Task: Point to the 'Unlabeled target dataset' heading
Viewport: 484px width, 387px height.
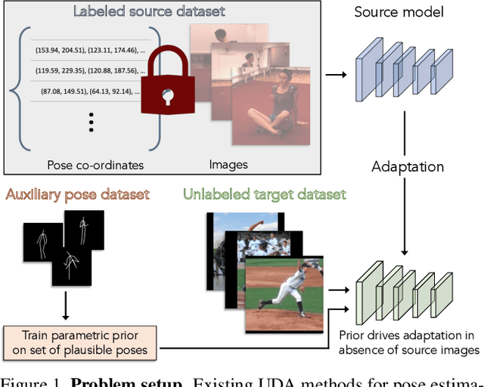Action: tap(264, 195)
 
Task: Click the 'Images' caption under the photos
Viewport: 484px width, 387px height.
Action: tap(228, 164)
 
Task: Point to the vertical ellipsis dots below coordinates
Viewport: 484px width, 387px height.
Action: tap(91, 122)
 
